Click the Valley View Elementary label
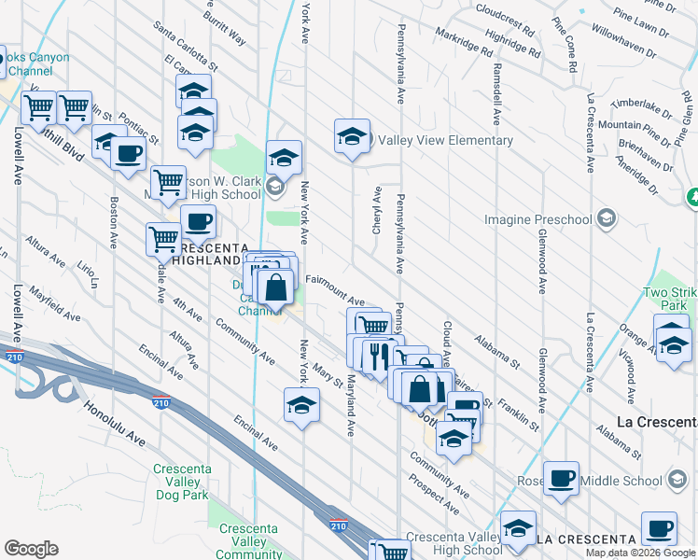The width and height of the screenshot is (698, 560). (445, 141)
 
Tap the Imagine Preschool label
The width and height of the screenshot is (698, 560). (537, 220)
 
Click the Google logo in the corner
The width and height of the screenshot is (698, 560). (31, 548)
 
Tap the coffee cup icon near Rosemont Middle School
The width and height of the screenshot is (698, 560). (562, 479)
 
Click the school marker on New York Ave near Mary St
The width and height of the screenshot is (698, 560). (301, 405)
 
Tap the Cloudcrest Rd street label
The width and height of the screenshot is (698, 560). (504, 20)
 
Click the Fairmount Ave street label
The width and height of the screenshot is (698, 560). (333, 295)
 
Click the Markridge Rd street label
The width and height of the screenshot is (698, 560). (462, 43)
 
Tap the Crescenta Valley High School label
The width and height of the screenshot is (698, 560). (455, 543)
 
